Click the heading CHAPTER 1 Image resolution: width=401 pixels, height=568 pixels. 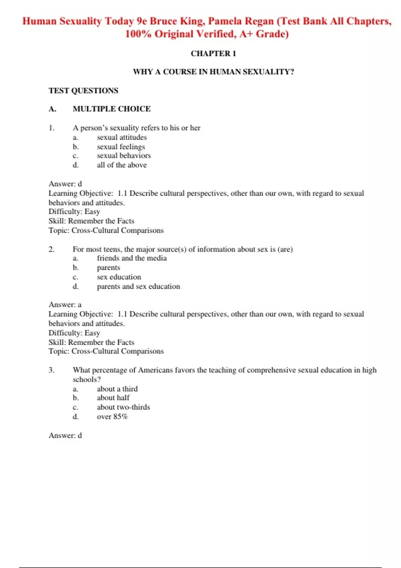coord(213,53)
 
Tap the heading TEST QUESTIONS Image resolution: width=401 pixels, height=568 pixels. coord(83,91)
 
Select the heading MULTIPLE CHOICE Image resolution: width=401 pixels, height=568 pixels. coord(112,109)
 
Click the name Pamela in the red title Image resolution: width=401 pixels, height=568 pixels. coord(225,21)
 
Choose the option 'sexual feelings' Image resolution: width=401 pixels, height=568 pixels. coord(121,147)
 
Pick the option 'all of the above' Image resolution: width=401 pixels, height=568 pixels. coord(122,165)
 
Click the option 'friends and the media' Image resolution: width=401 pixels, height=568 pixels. coord(132,258)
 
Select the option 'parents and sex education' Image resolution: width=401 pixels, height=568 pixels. coord(138,286)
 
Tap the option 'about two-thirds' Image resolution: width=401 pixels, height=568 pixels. coord(123,407)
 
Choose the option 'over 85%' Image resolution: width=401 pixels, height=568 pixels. coord(112,417)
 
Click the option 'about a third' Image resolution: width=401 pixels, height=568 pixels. coord(117,389)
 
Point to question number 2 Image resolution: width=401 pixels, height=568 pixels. coord(51,249)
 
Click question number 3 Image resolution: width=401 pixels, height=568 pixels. coord(51,370)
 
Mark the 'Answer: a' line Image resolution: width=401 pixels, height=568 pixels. coord(65,305)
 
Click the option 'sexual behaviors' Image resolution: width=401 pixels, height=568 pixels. coord(124,156)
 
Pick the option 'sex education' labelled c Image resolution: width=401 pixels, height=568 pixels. coord(119,277)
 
